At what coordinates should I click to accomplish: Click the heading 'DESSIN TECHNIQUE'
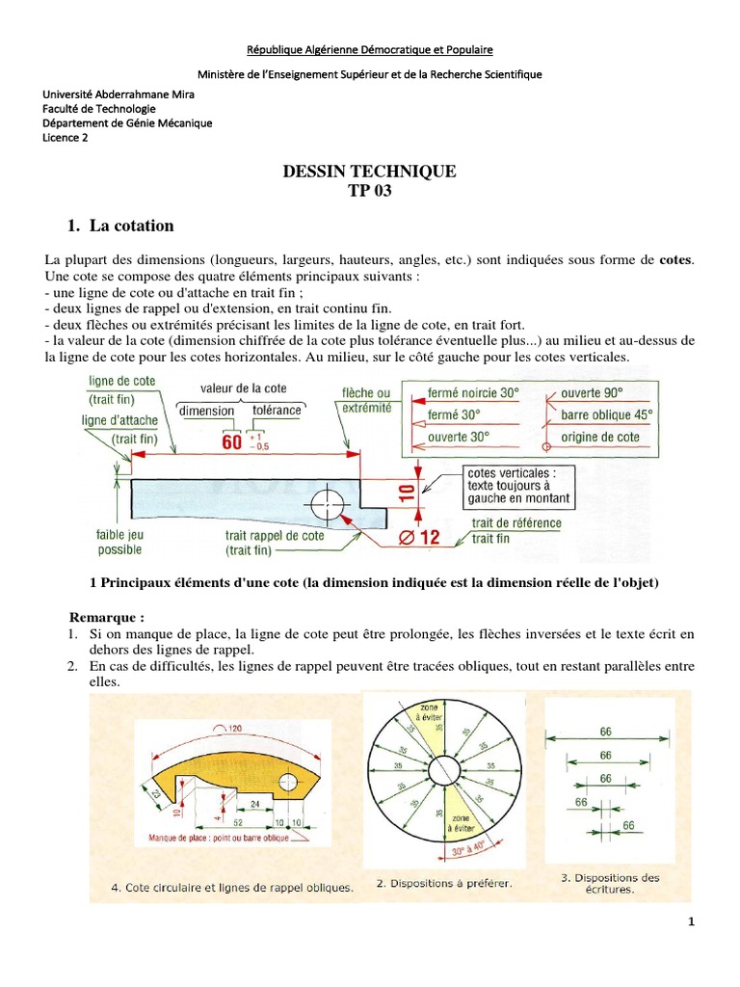(x=369, y=172)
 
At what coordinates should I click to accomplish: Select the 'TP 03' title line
(x=370, y=190)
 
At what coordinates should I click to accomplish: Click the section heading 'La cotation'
(x=132, y=227)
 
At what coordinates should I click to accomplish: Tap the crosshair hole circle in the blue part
(x=328, y=501)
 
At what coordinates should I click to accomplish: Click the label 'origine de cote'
(x=600, y=437)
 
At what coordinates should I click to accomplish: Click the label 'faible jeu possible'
(x=119, y=542)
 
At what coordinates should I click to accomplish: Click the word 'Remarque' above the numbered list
(x=106, y=616)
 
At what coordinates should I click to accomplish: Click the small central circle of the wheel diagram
(x=444, y=771)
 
